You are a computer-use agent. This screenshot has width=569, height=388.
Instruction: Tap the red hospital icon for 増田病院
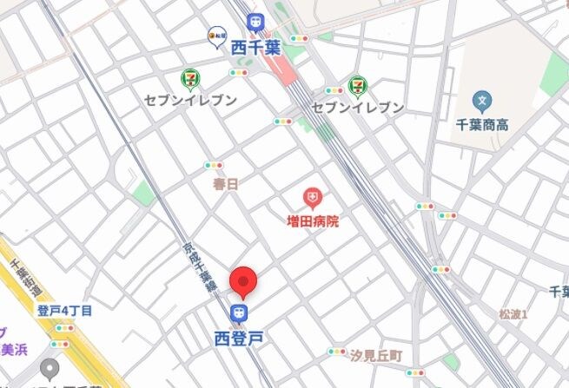[311, 198]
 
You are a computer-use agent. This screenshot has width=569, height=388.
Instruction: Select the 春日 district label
[224, 184]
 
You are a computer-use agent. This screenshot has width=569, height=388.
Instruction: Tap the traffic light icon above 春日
[214, 165]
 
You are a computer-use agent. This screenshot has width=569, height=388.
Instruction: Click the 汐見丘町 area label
[375, 356]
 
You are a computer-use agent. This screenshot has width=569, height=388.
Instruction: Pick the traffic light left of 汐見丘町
[337, 352]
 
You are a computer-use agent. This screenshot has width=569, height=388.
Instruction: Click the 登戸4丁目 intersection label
[65, 310]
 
